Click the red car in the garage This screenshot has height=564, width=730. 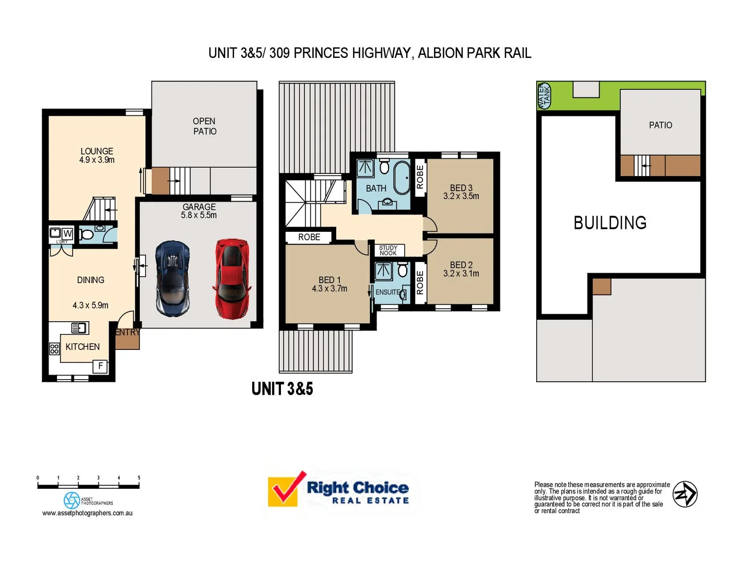[232, 279]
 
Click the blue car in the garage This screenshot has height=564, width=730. [173, 279]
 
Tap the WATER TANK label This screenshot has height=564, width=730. [544, 96]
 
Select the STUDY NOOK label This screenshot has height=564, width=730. [388, 251]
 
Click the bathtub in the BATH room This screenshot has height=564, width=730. [402, 178]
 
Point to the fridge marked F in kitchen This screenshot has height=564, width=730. [100, 366]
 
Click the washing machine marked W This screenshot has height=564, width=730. [67, 233]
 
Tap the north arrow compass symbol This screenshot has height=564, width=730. [685, 494]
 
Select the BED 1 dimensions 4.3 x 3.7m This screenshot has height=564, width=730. [329, 289]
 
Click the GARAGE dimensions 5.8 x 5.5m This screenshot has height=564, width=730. [199, 215]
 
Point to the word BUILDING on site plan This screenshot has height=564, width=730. [610, 223]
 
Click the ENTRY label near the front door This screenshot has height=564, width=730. [127, 332]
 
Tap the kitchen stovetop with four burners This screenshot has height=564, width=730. [54, 349]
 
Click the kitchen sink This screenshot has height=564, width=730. [79, 328]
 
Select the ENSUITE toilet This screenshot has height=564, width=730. [403, 270]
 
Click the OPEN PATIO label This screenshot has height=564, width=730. [204, 126]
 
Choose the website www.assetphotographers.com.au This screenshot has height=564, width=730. [87, 513]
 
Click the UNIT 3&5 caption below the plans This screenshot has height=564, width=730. [282, 389]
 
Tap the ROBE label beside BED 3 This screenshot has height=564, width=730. [420, 177]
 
